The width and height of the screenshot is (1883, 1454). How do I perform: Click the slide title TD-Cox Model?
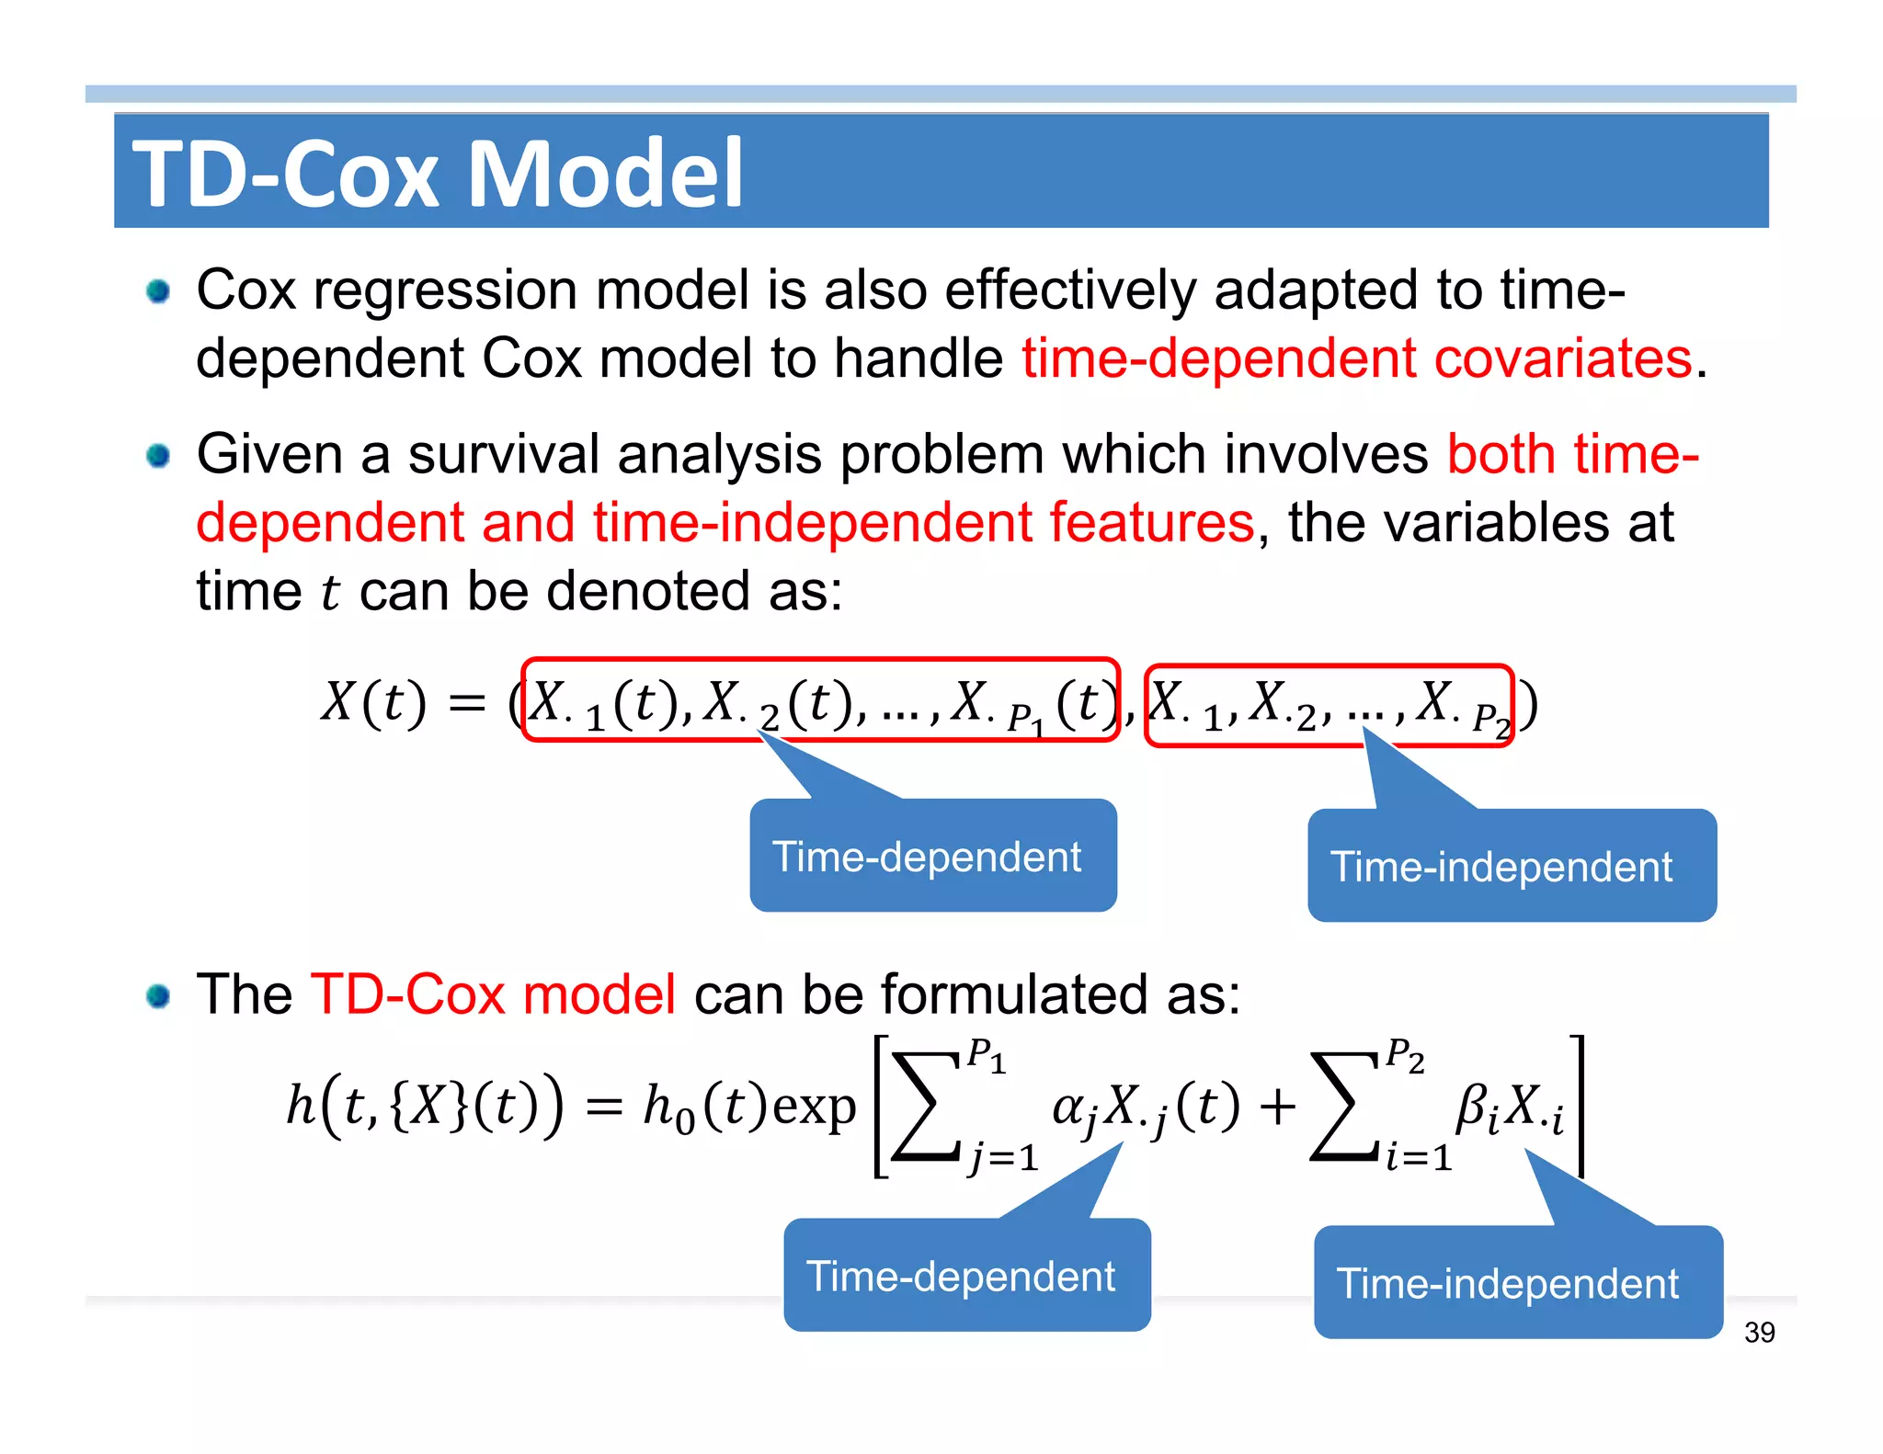coord(438,173)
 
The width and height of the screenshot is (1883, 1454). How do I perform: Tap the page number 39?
coord(1759,1332)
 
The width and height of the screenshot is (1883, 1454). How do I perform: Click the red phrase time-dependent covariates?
coord(1357,358)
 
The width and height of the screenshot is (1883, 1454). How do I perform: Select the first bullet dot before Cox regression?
coord(158,291)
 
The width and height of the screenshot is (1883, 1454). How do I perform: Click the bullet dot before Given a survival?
coord(158,455)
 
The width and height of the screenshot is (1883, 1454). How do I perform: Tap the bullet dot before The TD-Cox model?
coord(158,995)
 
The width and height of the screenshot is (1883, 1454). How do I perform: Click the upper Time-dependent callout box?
coord(932,857)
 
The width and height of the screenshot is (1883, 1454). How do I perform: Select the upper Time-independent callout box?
coord(1511,867)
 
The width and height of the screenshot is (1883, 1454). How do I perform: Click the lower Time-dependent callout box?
coord(966,1276)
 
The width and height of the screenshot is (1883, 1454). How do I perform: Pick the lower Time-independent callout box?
coord(1517,1283)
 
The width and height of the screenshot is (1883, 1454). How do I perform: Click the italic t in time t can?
coord(331,592)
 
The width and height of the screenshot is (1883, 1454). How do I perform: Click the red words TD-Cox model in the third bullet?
coord(494,994)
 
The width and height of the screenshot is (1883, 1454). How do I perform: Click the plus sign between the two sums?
coord(1277,1106)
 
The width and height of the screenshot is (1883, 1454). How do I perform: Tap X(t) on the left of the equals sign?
coord(372,703)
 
